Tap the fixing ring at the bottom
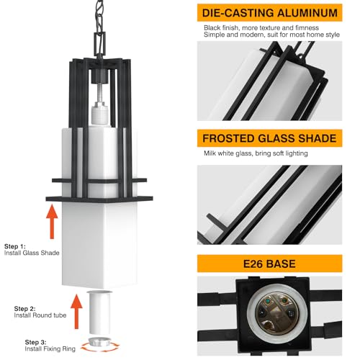98,344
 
